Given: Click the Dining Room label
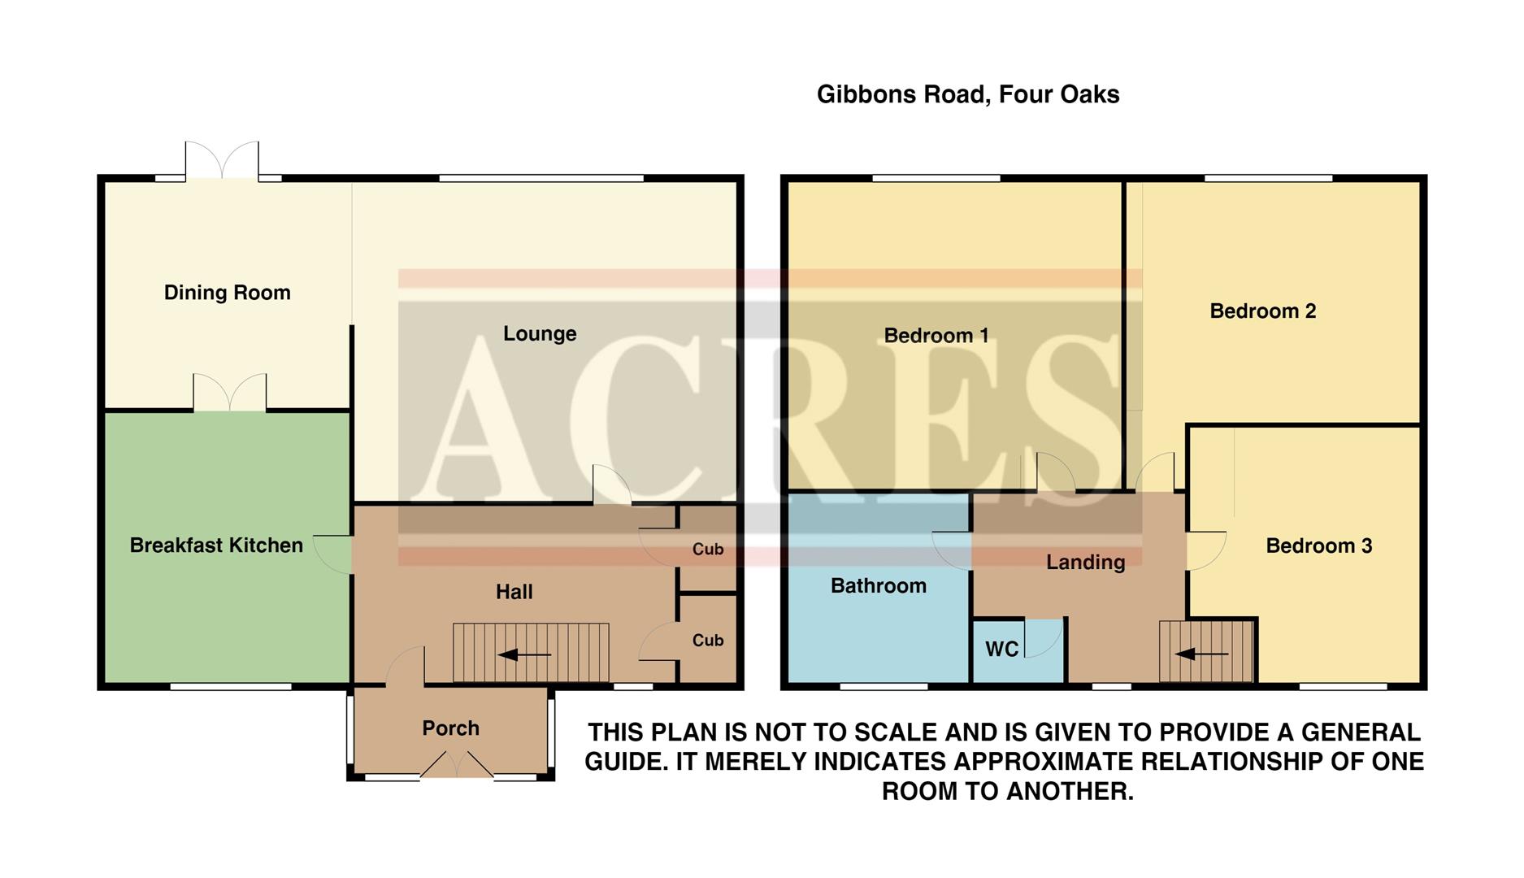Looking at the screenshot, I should (x=227, y=293).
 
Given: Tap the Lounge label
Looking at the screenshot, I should (x=540, y=333).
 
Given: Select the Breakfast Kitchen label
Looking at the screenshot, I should (x=216, y=545).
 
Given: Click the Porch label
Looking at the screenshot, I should (x=450, y=728).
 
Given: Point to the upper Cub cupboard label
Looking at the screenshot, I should (x=707, y=550).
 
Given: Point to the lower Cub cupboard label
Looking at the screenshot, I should (x=707, y=641).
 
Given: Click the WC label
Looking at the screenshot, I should (x=1001, y=650).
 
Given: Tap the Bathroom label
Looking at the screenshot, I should (x=878, y=586).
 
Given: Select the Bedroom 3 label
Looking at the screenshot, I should (x=1318, y=546).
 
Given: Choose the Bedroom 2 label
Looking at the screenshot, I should (x=1262, y=311).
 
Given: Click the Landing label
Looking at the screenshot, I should (x=1085, y=562).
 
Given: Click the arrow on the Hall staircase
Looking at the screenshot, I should (x=524, y=654).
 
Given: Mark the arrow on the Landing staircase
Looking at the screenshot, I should (x=1201, y=654).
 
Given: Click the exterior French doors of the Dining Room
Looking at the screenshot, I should (x=222, y=161).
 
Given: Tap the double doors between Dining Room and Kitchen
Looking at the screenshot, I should (x=230, y=393).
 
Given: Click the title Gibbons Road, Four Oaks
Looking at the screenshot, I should (x=967, y=94).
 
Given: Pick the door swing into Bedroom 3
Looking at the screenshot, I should (x=1205, y=550).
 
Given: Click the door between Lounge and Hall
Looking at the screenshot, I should (x=611, y=485).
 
